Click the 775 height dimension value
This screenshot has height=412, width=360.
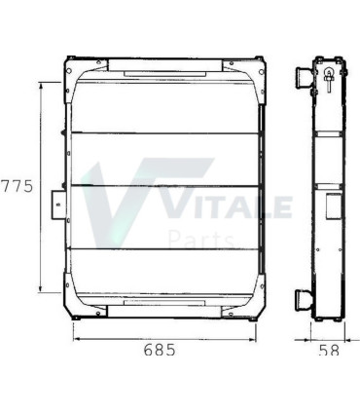pos(15,187)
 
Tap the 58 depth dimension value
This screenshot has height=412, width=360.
pos(329,349)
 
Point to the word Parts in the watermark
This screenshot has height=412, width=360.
pos(201,239)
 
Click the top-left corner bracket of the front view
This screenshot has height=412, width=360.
pos(74,69)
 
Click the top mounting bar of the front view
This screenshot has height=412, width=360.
pos(162,65)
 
